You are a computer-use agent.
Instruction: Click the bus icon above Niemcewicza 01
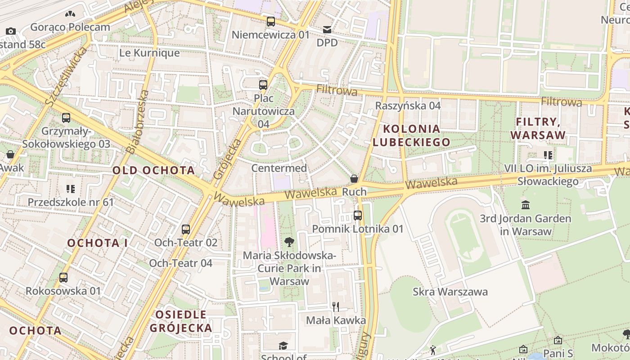[x=270, y=21]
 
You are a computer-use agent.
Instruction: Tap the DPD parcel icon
[x=327, y=30]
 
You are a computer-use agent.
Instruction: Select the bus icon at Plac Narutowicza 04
[x=263, y=85]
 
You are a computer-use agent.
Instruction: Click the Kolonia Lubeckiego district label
[x=411, y=135]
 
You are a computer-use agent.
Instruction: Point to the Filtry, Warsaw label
[x=538, y=128]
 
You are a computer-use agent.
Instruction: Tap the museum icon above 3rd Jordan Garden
[x=525, y=205]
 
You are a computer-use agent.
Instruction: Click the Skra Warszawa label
[x=450, y=292]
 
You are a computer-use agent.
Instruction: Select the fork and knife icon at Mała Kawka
[x=335, y=307]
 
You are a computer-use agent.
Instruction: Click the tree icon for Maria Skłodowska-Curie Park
[x=289, y=242]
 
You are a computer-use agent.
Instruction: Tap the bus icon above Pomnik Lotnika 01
[x=358, y=216]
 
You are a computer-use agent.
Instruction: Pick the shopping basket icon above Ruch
[x=354, y=179]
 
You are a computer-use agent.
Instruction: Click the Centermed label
[x=279, y=168]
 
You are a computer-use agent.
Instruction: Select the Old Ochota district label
[x=153, y=171]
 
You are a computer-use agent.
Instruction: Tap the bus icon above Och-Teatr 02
[x=186, y=229]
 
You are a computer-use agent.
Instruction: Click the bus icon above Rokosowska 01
[x=63, y=278]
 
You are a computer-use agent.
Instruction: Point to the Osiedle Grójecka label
[x=181, y=321]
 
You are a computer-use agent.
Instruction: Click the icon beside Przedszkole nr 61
[x=71, y=189]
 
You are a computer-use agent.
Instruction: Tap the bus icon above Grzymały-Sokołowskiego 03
[x=66, y=118]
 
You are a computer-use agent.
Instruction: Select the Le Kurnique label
[x=149, y=53]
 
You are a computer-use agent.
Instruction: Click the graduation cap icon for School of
[x=283, y=346]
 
